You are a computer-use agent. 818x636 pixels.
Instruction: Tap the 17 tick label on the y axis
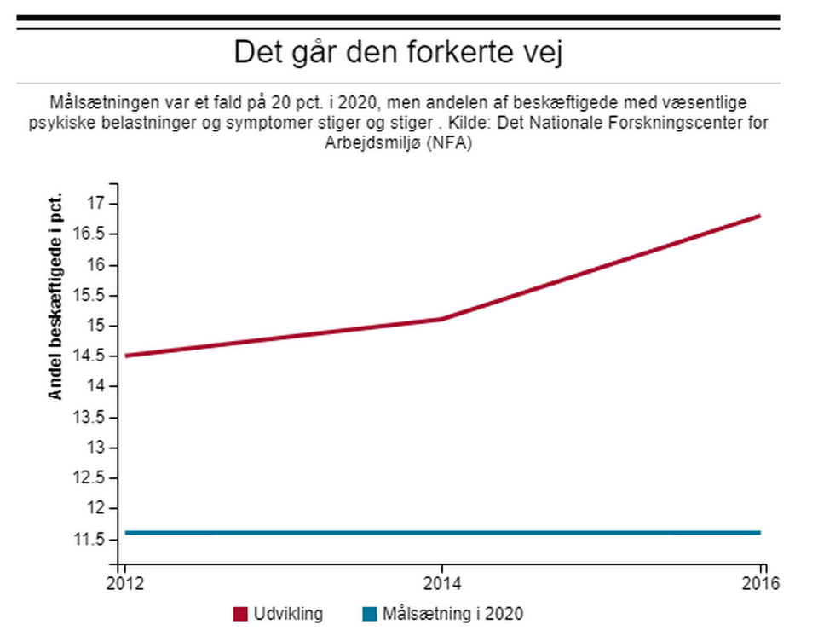tap(94, 203)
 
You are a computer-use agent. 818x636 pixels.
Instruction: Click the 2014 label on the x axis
tap(441, 585)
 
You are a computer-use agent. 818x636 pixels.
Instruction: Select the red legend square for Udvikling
tap(239, 614)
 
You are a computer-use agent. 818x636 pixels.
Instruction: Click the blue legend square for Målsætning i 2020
tap(369, 614)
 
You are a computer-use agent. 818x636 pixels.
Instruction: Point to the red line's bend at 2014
tap(442, 319)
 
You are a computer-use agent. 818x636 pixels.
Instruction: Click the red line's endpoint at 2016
tap(759, 216)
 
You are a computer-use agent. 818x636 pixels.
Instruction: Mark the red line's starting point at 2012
tap(124, 356)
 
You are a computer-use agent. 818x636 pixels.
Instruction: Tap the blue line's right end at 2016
tap(759, 533)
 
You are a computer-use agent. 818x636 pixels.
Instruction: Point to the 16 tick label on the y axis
tap(94, 264)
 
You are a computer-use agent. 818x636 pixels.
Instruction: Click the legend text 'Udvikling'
tap(287, 614)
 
